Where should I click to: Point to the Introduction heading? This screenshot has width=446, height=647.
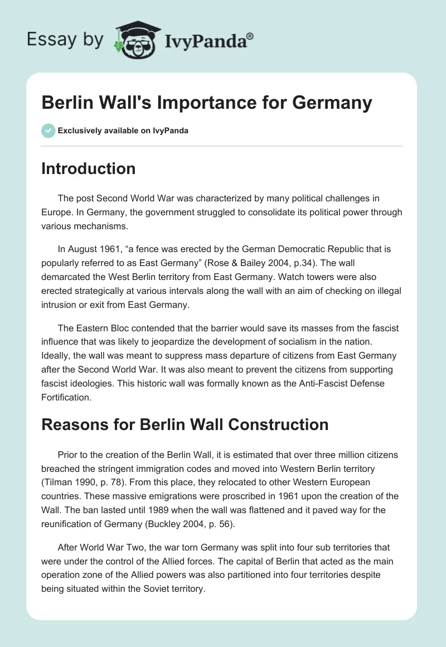tap(88, 168)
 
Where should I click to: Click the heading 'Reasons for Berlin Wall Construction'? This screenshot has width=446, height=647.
tap(185, 424)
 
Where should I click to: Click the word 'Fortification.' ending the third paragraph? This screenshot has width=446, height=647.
tap(66, 397)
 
